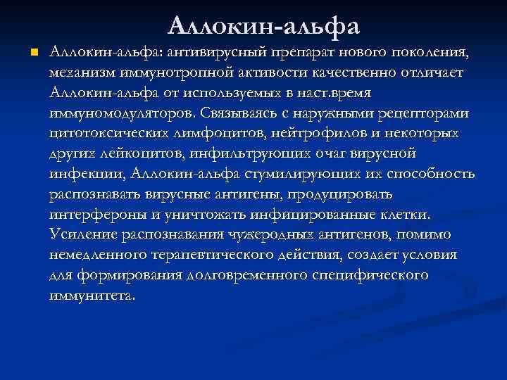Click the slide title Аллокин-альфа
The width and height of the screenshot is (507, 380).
click(x=264, y=26)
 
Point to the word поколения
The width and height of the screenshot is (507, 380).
click(x=425, y=53)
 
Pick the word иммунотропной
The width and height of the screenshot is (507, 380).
click(x=182, y=73)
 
